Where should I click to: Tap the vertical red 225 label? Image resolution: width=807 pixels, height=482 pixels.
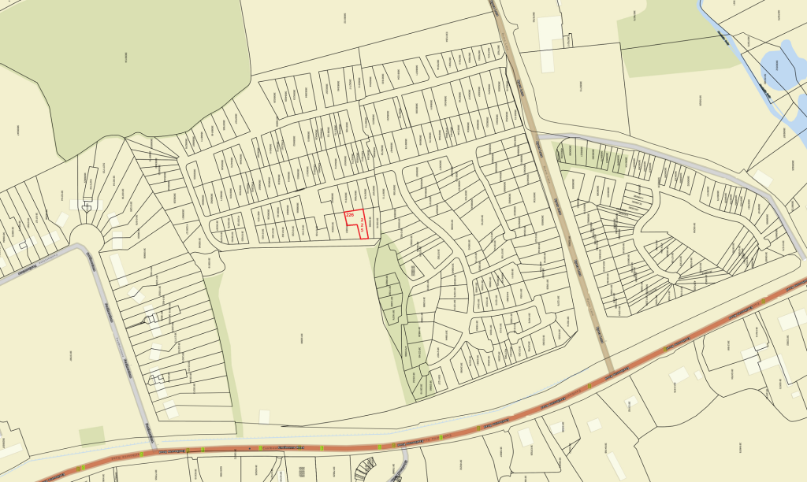pos(362,225)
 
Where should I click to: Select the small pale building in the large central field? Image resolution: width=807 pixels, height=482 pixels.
pos(264,417)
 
